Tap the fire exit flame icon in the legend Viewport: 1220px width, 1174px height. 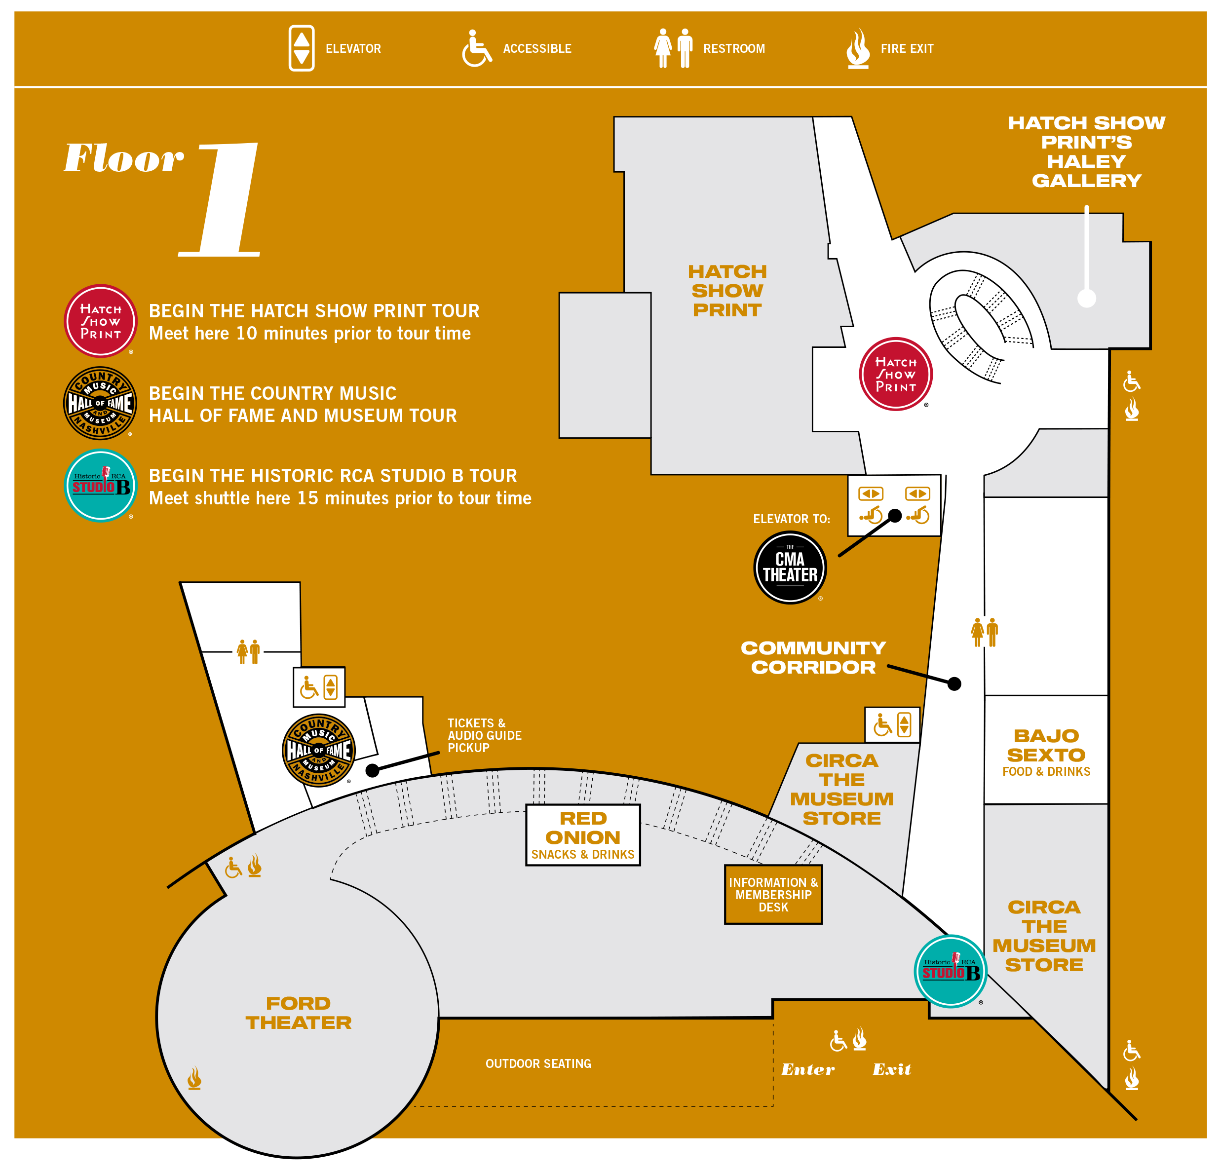pos(858,48)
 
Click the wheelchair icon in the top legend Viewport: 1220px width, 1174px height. pos(476,48)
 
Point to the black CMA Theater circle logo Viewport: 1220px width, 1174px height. pos(790,567)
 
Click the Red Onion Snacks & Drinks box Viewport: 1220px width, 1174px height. pos(583,835)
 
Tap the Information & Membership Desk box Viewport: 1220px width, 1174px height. pos(773,895)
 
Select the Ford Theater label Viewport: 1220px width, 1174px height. pos(299,1013)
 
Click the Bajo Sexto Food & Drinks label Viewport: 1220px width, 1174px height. pos(1046,752)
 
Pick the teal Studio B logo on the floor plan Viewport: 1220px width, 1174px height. pos(951,971)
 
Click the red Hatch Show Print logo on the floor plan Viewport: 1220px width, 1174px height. pos(896,374)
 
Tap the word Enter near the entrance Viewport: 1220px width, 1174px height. pos(808,1069)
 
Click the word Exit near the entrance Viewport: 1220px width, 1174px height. pos(892,1069)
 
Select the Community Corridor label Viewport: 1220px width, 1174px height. pos(813,657)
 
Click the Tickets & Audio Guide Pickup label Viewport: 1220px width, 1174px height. pos(484,735)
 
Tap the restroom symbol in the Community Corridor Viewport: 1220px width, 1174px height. pos(985,632)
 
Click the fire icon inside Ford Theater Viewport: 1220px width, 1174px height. pos(194,1078)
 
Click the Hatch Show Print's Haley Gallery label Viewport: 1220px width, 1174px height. pos(1086,152)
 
